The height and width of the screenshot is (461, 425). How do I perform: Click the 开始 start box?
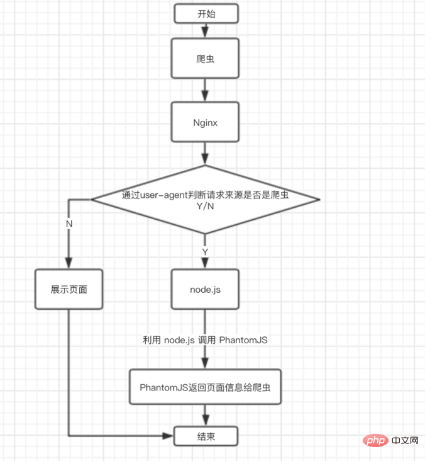pyautogui.click(x=205, y=13)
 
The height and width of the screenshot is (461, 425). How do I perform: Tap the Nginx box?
pyautogui.click(x=205, y=123)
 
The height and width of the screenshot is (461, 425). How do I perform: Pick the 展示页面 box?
pyautogui.click(x=69, y=290)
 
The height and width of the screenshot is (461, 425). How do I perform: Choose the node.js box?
pyautogui.click(x=205, y=290)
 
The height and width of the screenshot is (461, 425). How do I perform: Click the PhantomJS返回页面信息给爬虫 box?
pyautogui.click(x=205, y=386)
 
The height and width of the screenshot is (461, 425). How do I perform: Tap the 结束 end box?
pyautogui.click(x=205, y=435)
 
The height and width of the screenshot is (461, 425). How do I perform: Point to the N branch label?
pyautogui.click(x=69, y=223)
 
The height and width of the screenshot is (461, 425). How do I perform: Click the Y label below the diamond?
pyautogui.click(x=205, y=252)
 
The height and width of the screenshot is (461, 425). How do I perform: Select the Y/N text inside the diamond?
pyautogui.click(x=205, y=207)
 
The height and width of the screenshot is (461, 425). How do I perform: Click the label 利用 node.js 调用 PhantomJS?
pyautogui.click(x=205, y=340)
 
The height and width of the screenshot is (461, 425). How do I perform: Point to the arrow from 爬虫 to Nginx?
pyautogui.click(x=205, y=91)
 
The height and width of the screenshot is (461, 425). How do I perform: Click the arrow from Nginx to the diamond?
pyautogui.click(x=205, y=154)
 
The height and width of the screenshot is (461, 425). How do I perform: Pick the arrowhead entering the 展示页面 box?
pyautogui.click(x=69, y=265)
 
